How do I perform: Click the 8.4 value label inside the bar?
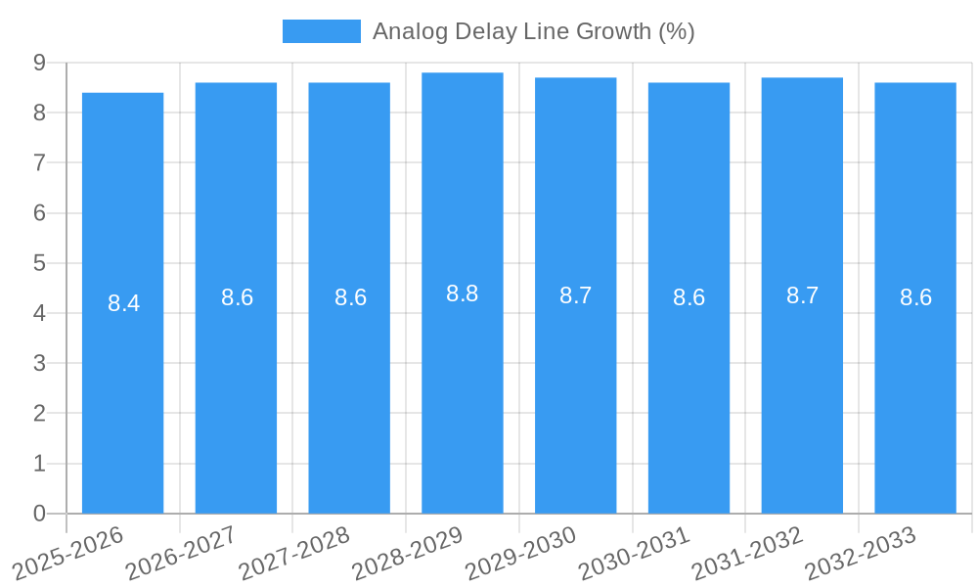[123, 303]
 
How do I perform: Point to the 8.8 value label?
[462, 293]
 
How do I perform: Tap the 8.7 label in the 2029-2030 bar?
[575, 295]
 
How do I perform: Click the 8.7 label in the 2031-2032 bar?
[802, 295]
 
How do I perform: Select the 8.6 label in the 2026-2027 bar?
[237, 297]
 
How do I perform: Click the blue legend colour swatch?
[321, 31]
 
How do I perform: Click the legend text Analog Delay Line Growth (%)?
[533, 31]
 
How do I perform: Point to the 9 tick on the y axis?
[39, 63]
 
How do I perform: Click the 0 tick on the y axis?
[39, 514]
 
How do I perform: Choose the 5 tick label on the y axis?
[39, 263]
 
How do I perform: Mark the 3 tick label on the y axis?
[39, 363]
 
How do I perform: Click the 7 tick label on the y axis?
[39, 162]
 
